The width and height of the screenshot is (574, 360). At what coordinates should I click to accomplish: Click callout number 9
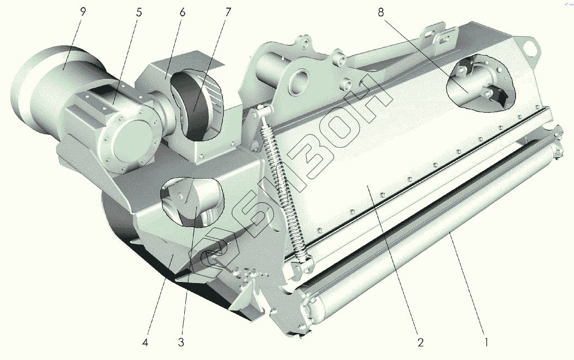tap(83, 11)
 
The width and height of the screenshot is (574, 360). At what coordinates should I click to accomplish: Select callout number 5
tap(139, 12)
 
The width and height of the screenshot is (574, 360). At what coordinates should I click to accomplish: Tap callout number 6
tap(182, 12)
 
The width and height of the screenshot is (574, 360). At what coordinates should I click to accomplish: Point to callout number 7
tap(228, 12)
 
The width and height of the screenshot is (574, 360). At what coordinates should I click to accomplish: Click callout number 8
tap(380, 12)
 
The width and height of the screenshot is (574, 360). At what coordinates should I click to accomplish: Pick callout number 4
tap(145, 343)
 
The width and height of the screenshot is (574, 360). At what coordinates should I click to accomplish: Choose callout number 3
tap(181, 343)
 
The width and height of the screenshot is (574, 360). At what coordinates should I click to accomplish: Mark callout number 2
tap(420, 343)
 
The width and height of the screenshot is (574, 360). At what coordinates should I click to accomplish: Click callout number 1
tap(486, 343)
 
